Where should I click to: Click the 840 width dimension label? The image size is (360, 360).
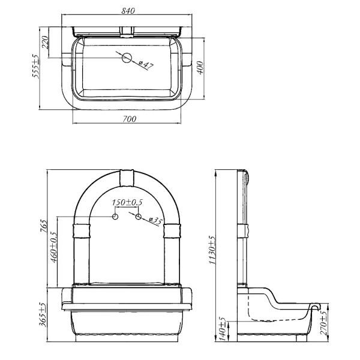pyautogui.click(x=128, y=11)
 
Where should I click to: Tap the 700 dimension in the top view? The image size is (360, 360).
pyautogui.click(x=129, y=119)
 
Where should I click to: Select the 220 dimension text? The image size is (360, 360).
pyautogui.click(x=45, y=42)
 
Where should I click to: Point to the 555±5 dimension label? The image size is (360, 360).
pyautogui.click(x=36, y=66)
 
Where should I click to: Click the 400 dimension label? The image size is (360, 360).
pyautogui.click(x=200, y=67)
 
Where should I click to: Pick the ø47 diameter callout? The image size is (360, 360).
pyautogui.click(x=146, y=65)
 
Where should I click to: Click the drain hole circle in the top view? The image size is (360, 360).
pyautogui.click(x=127, y=58)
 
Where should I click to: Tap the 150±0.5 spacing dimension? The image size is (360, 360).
pyautogui.click(x=127, y=202)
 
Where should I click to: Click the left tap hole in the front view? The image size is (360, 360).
pyautogui.click(x=115, y=217)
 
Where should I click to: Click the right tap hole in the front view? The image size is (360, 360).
pyautogui.click(x=138, y=217)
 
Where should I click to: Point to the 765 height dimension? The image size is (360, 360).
pyautogui.click(x=44, y=226)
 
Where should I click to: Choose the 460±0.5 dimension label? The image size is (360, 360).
pyautogui.click(x=54, y=247)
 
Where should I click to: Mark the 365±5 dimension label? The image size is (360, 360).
pyautogui.click(x=43, y=314)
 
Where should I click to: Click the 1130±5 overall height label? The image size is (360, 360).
pyautogui.click(x=212, y=250)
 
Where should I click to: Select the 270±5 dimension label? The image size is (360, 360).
pyautogui.click(x=323, y=323)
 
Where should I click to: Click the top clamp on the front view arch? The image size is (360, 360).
pyautogui.click(x=127, y=178)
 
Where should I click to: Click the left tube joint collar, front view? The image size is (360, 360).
pyautogui.click(x=81, y=231)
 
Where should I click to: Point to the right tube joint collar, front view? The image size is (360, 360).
pyautogui.click(x=172, y=231)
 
